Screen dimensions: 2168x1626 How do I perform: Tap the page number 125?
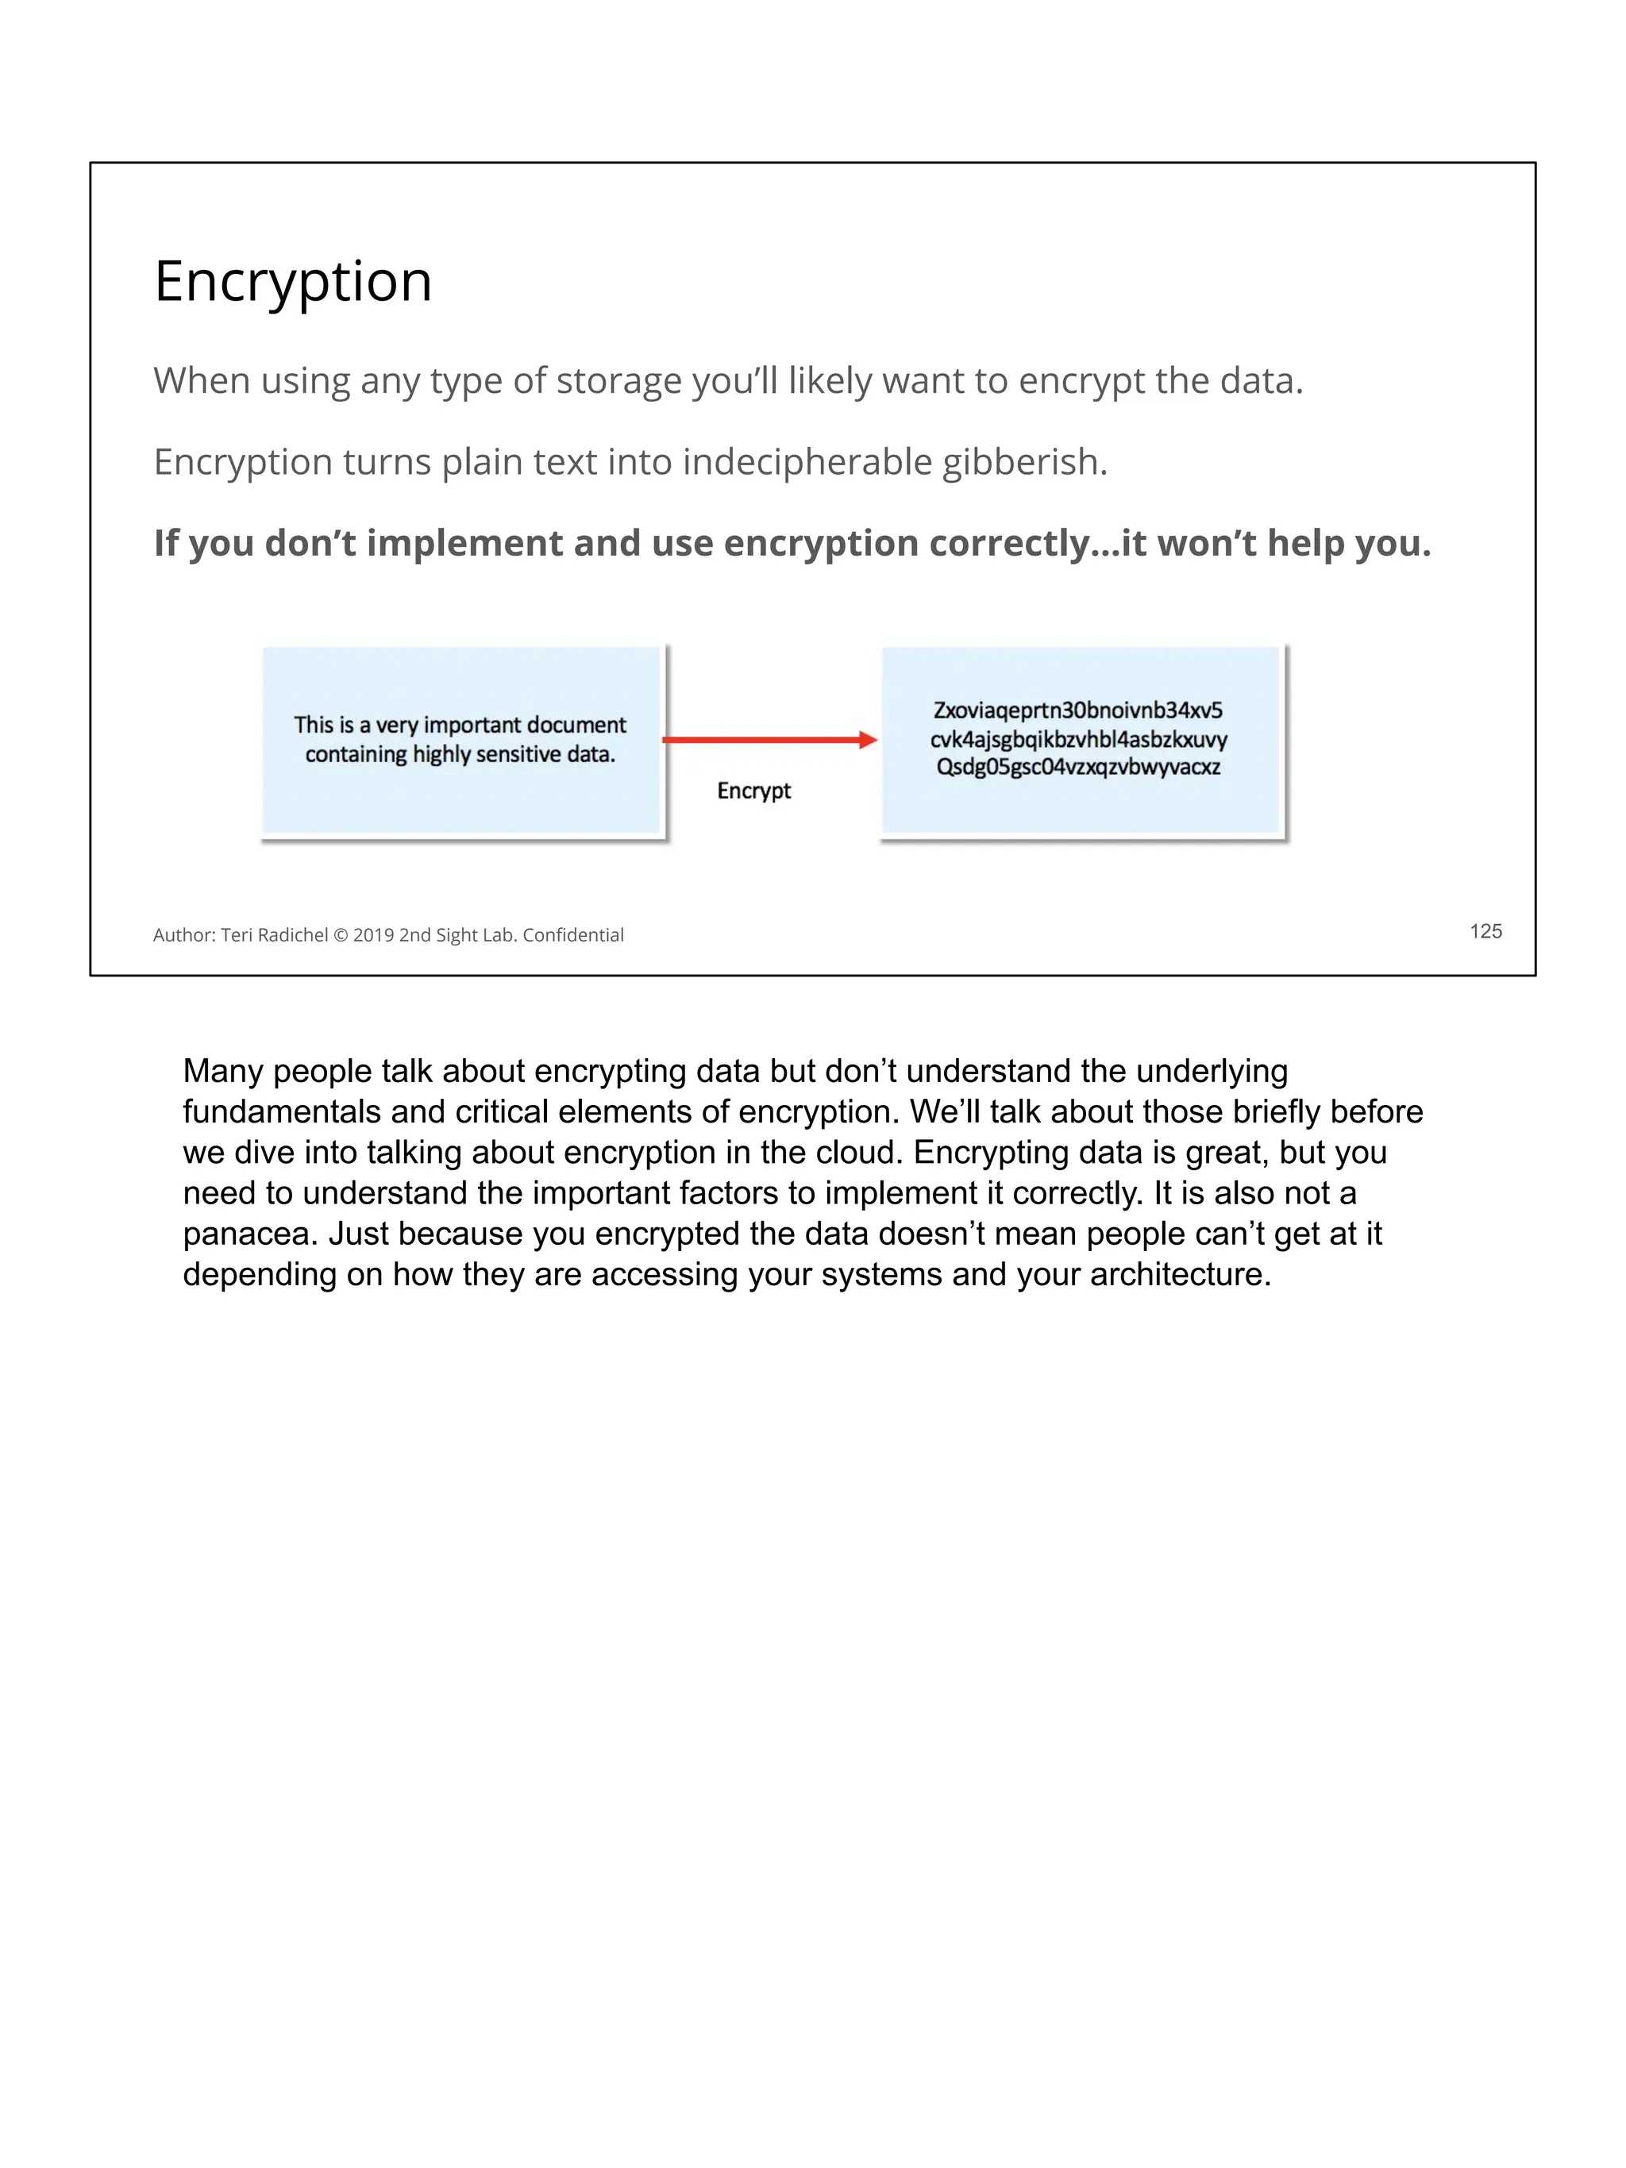[x=1485, y=931]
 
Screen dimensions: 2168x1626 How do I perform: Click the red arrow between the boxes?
[x=769, y=740]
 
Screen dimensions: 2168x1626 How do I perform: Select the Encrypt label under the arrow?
[x=753, y=791]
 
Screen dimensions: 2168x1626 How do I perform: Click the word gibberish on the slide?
[x=1024, y=462]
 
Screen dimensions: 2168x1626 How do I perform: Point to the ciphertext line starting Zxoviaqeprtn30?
[x=1077, y=710]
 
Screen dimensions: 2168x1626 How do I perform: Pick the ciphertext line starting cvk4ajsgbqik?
[x=1078, y=739]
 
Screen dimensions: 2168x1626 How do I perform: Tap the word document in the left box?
[x=576, y=726]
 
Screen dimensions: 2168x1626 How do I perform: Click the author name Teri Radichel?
[x=275, y=935]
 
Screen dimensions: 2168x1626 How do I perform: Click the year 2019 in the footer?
[x=373, y=935]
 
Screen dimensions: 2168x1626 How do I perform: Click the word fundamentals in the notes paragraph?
[x=281, y=1111]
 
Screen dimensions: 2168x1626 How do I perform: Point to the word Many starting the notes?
[x=222, y=1070]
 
